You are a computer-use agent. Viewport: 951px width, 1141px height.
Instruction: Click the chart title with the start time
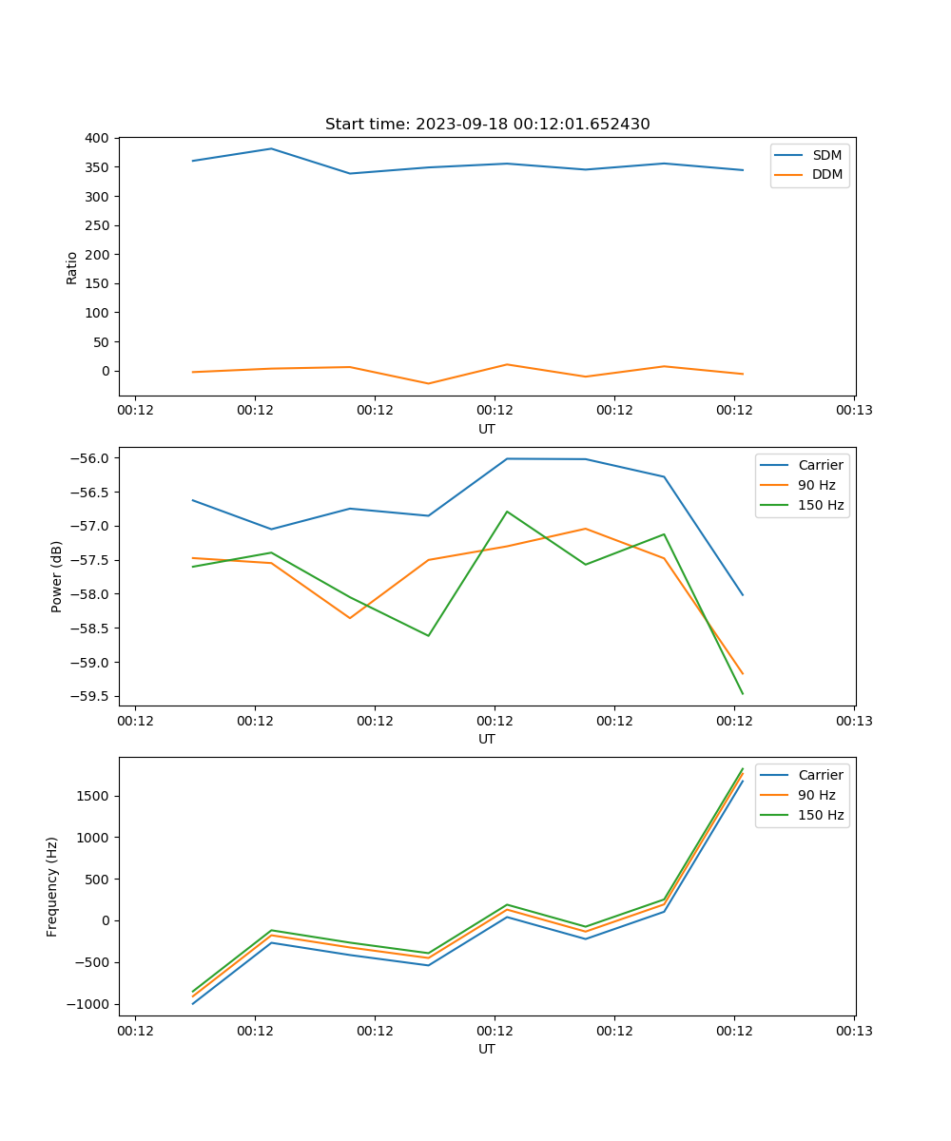[487, 125]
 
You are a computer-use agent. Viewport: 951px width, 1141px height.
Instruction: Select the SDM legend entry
[826, 155]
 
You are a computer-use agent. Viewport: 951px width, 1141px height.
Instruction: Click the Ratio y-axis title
[72, 267]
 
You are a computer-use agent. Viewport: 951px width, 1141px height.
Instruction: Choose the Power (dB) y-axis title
[57, 576]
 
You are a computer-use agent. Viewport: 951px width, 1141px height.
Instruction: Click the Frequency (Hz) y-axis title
[52, 886]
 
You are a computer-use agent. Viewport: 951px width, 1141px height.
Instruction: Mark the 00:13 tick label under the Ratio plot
[853, 411]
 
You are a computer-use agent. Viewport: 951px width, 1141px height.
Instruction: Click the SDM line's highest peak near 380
[271, 148]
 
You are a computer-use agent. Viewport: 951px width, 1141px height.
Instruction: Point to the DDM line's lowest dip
[428, 383]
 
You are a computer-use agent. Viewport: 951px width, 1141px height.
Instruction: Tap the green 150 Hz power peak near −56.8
[507, 512]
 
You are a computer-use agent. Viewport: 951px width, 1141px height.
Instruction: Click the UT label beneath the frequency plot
[486, 1049]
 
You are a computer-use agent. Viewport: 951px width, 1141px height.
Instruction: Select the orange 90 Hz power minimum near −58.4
[350, 618]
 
